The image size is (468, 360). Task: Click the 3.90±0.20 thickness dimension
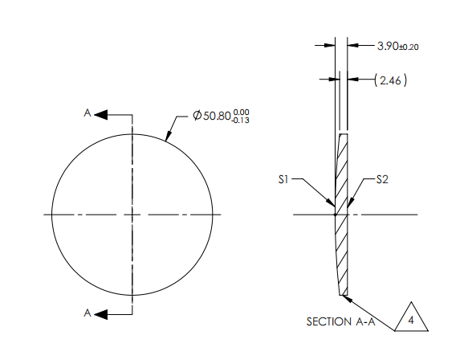point(399,46)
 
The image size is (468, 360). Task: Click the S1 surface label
point(283,180)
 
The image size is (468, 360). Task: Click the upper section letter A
point(87,114)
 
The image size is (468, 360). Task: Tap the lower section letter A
point(87,312)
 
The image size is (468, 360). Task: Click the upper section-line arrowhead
point(101,115)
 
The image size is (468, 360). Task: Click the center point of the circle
point(133,215)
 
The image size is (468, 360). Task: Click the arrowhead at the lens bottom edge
point(348,297)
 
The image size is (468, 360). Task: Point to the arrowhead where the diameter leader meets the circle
point(166,137)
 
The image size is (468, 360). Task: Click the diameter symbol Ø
point(197,117)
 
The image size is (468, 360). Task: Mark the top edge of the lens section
point(344,134)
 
